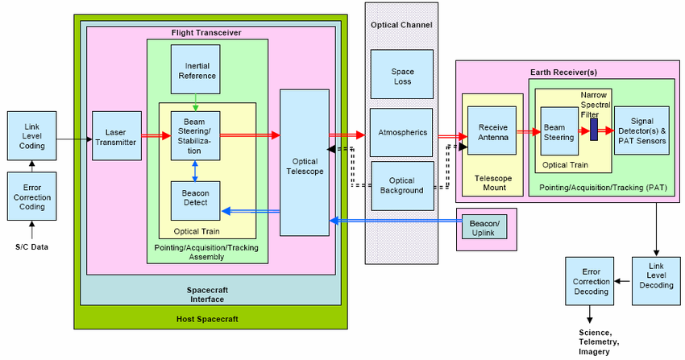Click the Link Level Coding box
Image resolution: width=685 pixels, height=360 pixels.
(32, 134)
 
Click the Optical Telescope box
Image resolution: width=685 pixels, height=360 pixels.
(304, 162)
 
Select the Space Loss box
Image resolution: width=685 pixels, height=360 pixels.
(401, 75)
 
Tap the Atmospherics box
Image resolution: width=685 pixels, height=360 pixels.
(401, 132)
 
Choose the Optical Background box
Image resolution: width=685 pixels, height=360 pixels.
(401, 185)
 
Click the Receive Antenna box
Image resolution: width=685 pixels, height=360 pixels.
(492, 131)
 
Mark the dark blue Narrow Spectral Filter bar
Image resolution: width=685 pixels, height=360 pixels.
(593, 129)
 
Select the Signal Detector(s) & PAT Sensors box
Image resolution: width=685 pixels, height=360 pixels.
(641, 130)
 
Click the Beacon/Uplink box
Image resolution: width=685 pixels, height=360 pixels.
(485, 227)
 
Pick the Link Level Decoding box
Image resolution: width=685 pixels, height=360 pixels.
(654, 280)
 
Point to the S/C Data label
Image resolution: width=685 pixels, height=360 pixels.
(32, 246)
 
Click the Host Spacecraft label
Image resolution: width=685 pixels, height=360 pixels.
(207, 319)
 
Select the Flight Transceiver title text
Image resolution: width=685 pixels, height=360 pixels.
(206, 32)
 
